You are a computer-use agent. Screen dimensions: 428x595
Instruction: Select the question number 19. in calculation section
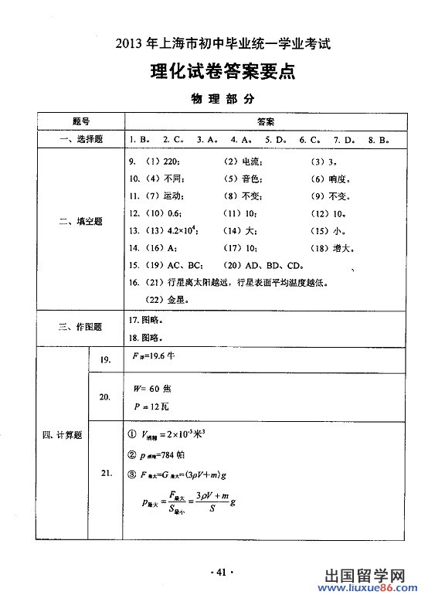106,359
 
